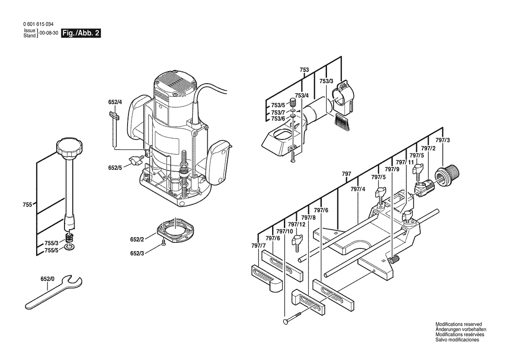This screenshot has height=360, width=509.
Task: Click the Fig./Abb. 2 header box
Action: click(81, 33)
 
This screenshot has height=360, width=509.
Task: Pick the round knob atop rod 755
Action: click(68, 149)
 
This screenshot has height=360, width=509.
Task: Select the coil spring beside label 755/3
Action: click(69, 238)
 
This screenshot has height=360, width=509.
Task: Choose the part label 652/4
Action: click(115, 102)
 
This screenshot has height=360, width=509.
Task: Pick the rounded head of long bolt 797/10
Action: click(285, 321)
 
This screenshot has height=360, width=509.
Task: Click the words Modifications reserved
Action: click(458, 324)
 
